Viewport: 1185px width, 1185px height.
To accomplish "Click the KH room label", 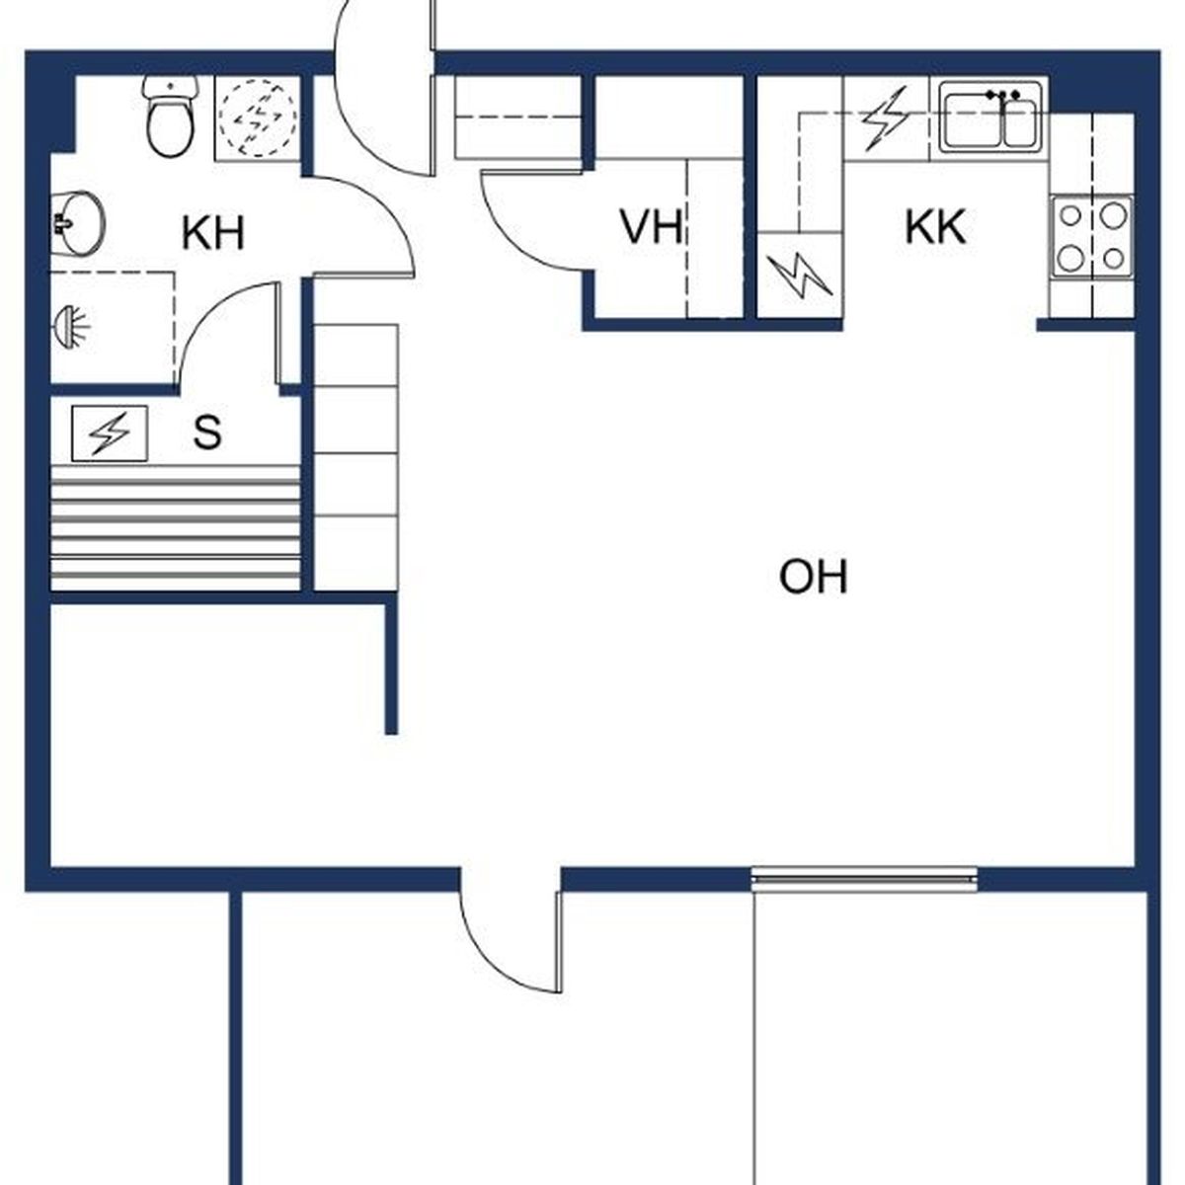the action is [213, 233].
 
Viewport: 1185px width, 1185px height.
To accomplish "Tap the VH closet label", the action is [651, 227].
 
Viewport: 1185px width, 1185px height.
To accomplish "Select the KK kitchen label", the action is [935, 227].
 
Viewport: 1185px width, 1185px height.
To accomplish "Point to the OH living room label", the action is [813, 576].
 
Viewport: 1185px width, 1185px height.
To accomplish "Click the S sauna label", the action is [207, 432].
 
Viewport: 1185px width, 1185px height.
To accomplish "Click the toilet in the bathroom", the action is [171, 117].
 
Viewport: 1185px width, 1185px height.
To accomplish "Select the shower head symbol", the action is [72, 326].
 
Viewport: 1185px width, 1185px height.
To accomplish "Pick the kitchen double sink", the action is [990, 119].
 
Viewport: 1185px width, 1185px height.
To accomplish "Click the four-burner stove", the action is [1091, 236].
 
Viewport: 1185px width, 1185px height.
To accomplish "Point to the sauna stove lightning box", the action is [110, 433].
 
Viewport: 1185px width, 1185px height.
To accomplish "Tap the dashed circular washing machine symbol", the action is [258, 117].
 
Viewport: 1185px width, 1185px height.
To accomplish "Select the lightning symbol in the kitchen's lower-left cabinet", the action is [799, 276].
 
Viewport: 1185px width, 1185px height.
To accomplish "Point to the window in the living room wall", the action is [864, 879].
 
